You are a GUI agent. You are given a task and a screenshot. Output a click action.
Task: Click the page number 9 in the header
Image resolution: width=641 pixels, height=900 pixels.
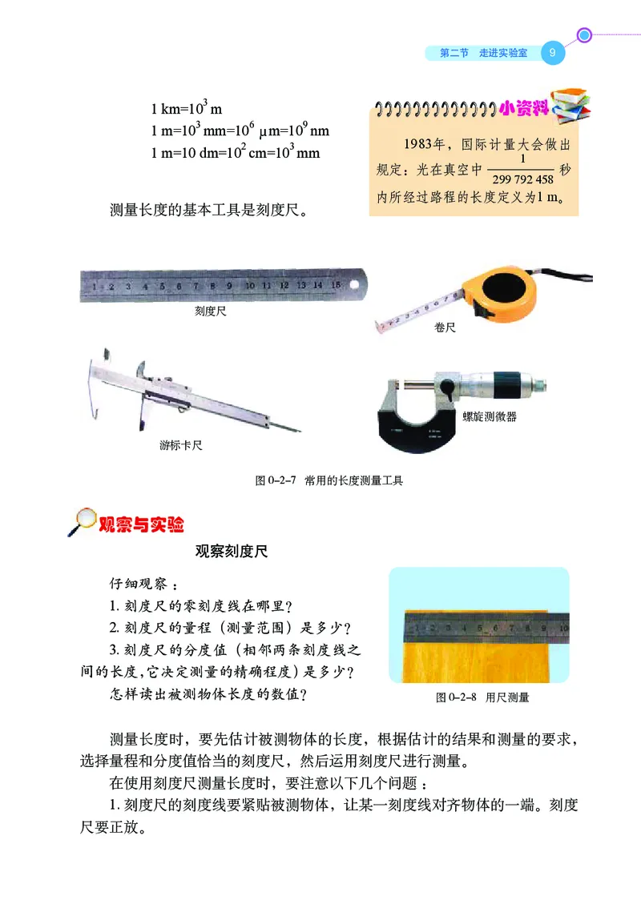tap(553, 53)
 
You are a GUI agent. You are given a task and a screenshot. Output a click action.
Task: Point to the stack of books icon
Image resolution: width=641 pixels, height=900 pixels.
tap(572, 103)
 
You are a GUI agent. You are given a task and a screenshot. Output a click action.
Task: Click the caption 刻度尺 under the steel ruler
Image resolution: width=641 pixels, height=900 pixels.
tap(211, 311)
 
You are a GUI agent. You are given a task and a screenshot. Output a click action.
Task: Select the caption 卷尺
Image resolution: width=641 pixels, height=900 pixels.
tap(445, 327)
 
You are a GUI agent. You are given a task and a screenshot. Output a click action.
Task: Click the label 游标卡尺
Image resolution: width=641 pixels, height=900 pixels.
tap(181, 444)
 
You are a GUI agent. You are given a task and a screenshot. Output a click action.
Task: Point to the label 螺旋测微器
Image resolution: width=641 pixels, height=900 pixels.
tap(490, 416)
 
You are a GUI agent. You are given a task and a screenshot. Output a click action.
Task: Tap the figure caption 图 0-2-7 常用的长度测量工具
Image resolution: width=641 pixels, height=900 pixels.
tap(329, 480)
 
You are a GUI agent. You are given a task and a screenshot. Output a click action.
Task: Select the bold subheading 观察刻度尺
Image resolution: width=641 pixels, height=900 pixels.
tap(232, 552)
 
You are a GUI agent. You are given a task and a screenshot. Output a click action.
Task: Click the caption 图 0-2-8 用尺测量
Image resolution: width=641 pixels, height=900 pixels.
tap(482, 697)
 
